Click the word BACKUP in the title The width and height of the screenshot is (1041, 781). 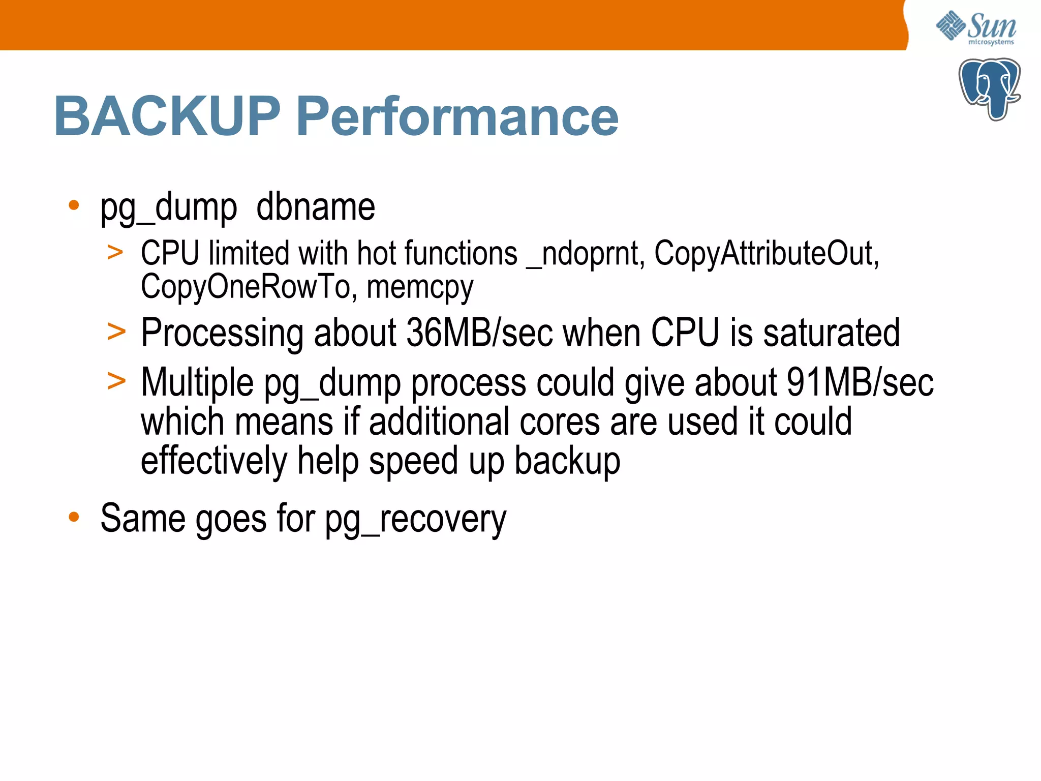click(167, 116)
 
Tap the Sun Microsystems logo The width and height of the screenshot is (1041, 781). click(976, 28)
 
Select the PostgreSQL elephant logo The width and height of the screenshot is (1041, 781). click(989, 89)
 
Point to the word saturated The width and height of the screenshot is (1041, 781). click(831, 333)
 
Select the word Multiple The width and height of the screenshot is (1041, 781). click(197, 382)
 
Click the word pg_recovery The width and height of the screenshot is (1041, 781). click(416, 519)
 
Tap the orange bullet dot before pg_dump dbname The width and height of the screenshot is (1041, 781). click(74, 205)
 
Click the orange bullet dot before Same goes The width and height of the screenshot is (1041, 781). click(74, 517)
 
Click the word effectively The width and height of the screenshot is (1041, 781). click(214, 461)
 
